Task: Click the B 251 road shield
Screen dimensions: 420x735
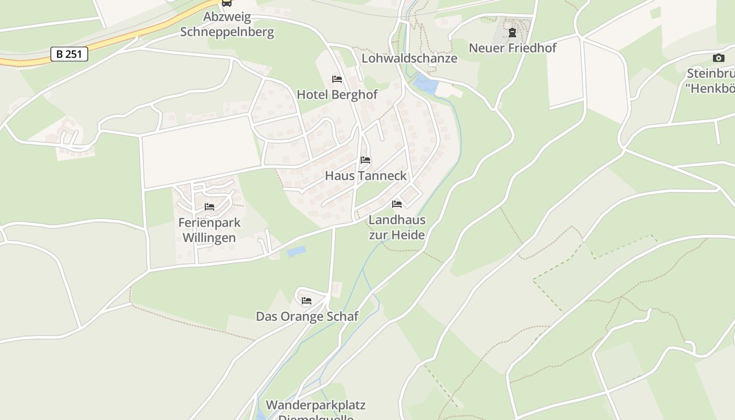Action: (69, 54)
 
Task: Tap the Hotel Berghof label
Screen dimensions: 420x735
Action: (337, 94)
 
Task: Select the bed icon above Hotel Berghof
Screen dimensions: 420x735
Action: (337, 79)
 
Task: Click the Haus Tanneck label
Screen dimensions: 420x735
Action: (366, 176)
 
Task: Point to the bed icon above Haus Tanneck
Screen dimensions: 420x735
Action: (365, 160)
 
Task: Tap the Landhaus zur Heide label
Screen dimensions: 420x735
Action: (397, 227)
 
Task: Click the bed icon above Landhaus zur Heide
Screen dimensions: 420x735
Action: (397, 204)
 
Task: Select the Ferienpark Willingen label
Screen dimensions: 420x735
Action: (209, 230)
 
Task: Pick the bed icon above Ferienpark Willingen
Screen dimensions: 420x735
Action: (209, 207)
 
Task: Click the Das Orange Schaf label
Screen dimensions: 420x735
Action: (307, 316)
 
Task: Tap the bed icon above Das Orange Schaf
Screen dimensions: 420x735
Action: (307, 301)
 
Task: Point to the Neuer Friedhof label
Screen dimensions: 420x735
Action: (512, 48)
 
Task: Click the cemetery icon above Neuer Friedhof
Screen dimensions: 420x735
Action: (512, 33)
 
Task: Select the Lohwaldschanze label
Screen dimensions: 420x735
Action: (409, 58)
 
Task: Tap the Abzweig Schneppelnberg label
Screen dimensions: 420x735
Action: (227, 25)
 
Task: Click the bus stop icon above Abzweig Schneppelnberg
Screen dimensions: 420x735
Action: (227, 3)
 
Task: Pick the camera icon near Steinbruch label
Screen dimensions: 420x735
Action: (718, 58)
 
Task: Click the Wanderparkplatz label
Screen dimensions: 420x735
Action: (316, 405)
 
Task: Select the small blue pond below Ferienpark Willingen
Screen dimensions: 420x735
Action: (296, 251)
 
